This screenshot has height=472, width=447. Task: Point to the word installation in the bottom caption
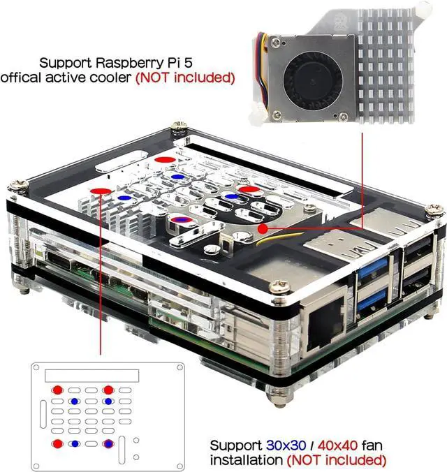click(x=245, y=460)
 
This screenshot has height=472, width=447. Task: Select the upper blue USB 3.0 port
click(x=370, y=271)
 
